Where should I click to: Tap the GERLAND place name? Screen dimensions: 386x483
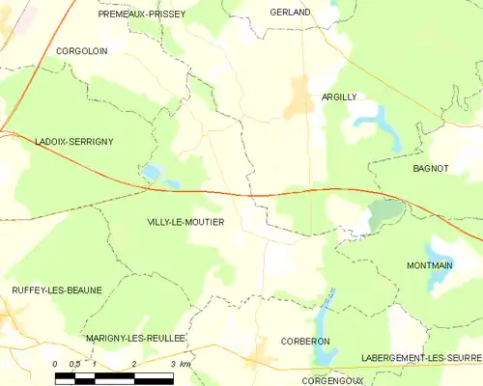coord(290,13)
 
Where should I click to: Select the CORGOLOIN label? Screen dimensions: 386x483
coord(81,50)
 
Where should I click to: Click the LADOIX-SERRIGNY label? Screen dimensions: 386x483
coord(74,142)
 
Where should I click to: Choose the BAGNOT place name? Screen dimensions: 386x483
coord(430,168)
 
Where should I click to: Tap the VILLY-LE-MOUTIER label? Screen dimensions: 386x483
coord(185,222)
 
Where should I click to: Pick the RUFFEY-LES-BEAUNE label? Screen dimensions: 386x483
coord(56,289)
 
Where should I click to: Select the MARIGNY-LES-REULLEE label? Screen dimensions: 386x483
coord(134,339)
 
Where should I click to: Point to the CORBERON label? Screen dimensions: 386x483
coord(305,342)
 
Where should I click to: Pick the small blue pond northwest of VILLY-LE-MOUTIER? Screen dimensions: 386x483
coord(152,173)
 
